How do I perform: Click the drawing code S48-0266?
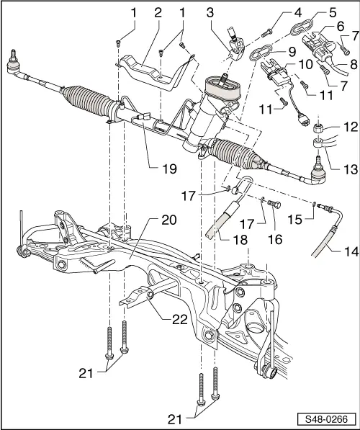pos(328,418)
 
